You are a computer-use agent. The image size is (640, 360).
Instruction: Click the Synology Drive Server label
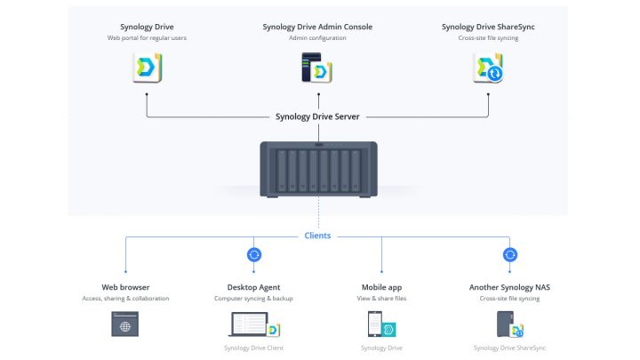(x=317, y=117)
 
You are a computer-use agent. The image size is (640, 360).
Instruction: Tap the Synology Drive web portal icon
(x=147, y=68)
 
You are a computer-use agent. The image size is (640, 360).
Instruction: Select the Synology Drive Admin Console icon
(x=317, y=68)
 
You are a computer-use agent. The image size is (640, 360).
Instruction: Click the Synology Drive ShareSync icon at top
(x=488, y=68)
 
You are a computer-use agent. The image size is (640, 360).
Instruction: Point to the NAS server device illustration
(x=317, y=168)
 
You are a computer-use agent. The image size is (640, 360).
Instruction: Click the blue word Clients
(x=317, y=236)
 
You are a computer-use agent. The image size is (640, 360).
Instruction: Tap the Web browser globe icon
(x=125, y=326)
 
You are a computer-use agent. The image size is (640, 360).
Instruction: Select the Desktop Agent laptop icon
(x=253, y=326)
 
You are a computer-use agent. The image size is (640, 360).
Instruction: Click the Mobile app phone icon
(x=381, y=325)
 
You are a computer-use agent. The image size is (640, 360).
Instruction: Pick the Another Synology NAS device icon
(x=510, y=325)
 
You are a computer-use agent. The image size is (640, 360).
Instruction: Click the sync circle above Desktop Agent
(x=253, y=255)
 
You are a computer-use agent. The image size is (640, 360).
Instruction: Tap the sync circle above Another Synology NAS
(x=510, y=255)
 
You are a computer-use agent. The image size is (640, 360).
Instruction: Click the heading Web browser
(x=125, y=287)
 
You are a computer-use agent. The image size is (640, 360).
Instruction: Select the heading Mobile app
(x=381, y=287)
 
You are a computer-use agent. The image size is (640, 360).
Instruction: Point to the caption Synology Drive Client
(x=253, y=348)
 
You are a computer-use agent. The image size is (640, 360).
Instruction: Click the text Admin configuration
(x=317, y=38)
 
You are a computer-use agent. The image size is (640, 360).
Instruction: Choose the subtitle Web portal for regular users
(x=147, y=38)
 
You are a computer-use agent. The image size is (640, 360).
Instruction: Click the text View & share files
(x=381, y=299)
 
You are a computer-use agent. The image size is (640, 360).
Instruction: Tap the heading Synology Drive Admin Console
(x=317, y=27)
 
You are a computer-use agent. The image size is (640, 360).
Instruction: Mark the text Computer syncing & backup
(x=253, y=299)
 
